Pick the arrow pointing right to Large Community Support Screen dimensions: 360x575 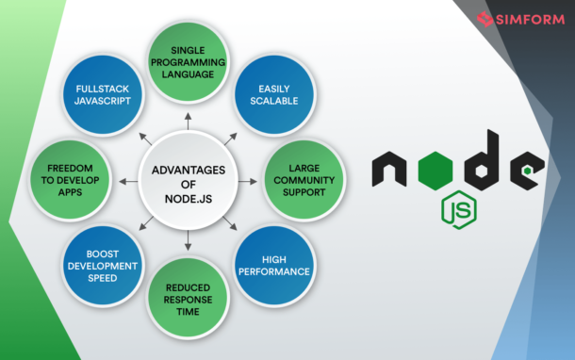point(247,180)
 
